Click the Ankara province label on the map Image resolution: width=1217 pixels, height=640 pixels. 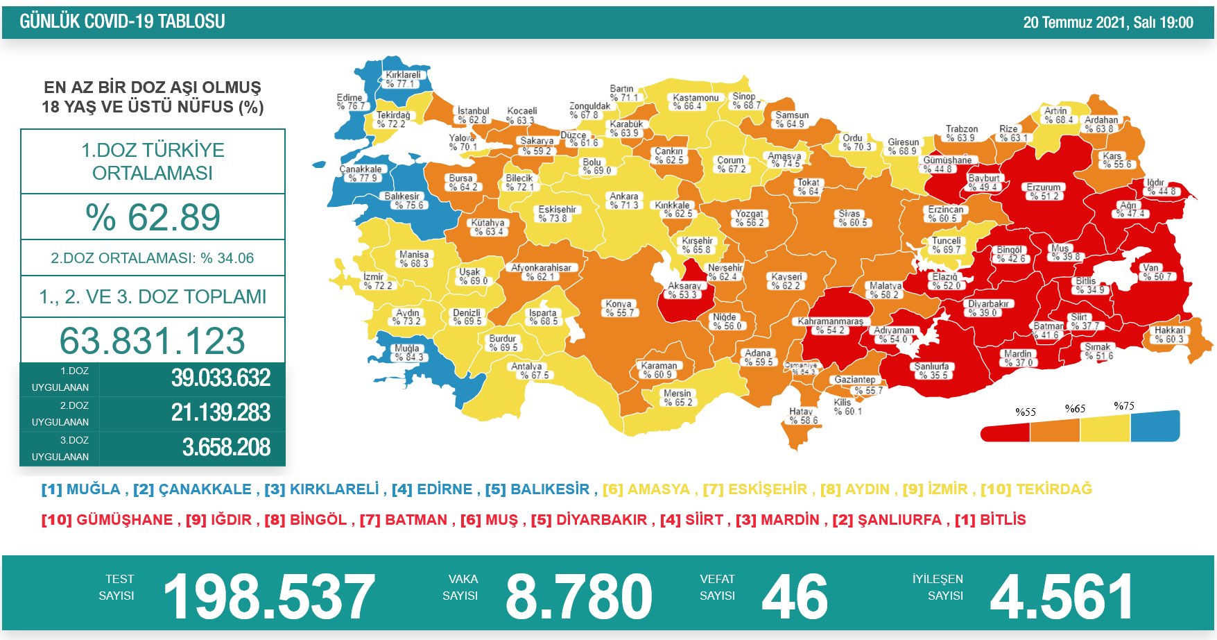pos(624,201)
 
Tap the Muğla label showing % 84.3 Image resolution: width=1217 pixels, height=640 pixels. pos(408,353)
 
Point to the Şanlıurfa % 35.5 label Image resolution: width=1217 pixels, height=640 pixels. pos(931,371)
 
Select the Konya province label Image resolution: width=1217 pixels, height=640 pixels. pos(619,308)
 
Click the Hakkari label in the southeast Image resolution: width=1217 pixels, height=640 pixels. pos(1170,335)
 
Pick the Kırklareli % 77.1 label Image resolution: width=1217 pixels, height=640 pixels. pos(403,79)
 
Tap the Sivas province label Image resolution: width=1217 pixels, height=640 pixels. pos(850,218)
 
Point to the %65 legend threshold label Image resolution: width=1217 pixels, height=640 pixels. pos(1075,409)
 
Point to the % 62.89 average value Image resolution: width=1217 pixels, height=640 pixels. pos(153,217)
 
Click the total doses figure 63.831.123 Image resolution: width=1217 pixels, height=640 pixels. pos(153,341)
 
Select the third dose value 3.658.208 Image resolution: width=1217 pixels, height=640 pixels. pos(226,448)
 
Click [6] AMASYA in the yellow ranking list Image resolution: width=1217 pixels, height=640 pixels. pos(646,489)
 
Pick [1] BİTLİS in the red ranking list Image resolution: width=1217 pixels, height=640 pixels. pos(990,520)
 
